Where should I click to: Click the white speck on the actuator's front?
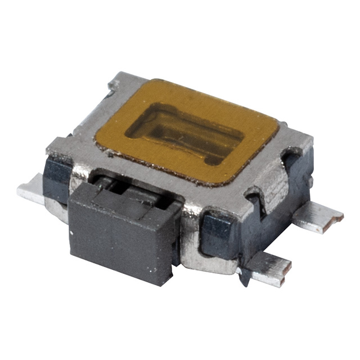(x=72, y=231)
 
